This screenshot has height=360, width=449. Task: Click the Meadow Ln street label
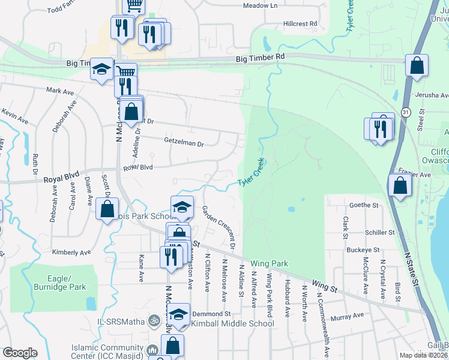(x=260, y=5)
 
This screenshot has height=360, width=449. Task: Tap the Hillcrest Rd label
(x=300, y=24)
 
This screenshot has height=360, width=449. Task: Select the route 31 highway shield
(x=406, y=112)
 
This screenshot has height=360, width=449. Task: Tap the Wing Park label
(x=270, y=263)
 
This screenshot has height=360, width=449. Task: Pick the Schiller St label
(x=379, y=232)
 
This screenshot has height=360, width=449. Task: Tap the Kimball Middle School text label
(x=232, y=323)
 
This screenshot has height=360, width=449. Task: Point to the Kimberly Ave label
(x=70, y=253)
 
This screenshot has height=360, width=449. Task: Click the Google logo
(x=20, y=353)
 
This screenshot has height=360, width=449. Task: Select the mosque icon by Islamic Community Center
(x=152, y=349)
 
